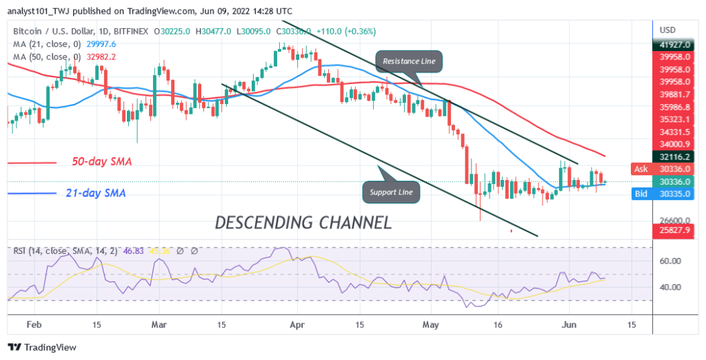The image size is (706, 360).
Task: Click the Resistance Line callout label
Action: [x=409, y=61]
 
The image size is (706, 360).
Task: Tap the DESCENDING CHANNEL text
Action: [x=303, y=222]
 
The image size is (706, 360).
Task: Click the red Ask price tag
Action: [x=641, y=169]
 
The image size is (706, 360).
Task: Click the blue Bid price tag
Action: [x=641, y=194]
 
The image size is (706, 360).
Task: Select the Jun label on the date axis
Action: [x=569, y=323]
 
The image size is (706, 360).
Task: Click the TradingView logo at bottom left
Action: [x=43, y=348]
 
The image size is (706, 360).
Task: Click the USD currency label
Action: [x=667, y=30]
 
